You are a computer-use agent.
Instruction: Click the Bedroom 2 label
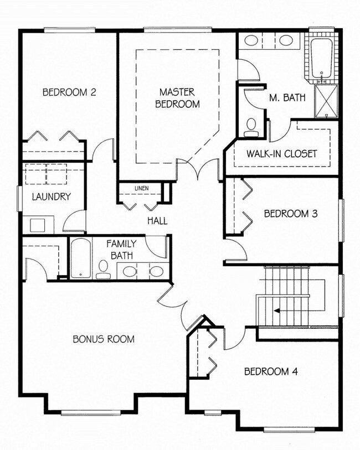[x=69, y=92]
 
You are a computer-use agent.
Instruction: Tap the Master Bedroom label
[x=177, y=98]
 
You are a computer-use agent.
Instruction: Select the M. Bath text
[x=287, y=98]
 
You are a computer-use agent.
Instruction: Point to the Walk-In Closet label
[x=281, y=154]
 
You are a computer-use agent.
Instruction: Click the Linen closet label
[x=142, y=188]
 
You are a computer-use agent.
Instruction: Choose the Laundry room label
[x=52, y=197]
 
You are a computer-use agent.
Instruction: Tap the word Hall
[x=157, y=221]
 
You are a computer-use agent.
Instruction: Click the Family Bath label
[x=122, y=250]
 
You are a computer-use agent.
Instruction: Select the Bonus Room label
[x=104, y=339]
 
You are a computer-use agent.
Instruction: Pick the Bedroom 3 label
[x=291, y=214]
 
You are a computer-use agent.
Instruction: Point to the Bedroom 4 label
[x=271, y=371]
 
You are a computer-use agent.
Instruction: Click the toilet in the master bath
[x=251, y=128]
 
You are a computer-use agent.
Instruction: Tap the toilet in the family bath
[x=103, y=270]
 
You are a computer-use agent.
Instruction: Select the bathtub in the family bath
[x=81, y=258]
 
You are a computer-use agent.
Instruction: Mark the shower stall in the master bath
[x=326, y=101]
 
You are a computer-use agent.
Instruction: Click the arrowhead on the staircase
[x=277, y=311]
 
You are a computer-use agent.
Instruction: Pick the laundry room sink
[x=38, y=225]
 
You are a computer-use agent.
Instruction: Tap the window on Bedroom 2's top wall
[x=69, y=30]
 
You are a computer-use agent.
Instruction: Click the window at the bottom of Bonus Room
[x=91, y=413]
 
